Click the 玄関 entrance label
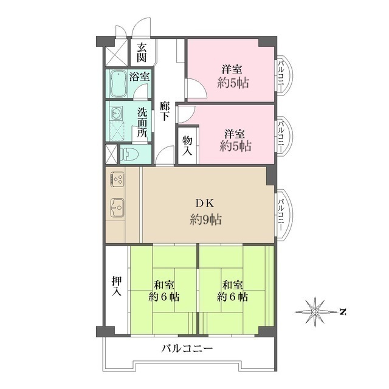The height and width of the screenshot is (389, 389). coord(141,53)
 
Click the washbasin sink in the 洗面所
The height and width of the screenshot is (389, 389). coord(117,113)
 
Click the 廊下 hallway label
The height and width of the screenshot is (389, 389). coord(165,112)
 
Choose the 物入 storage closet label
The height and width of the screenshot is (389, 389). coord(187,145)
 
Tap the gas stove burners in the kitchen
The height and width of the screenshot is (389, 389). coord(117,179)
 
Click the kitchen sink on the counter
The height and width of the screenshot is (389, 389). coord(117,208)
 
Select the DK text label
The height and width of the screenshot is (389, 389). coord(205,203)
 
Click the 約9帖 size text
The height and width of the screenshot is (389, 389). coord(204,219)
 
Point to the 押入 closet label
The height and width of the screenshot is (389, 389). coord(117,286)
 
